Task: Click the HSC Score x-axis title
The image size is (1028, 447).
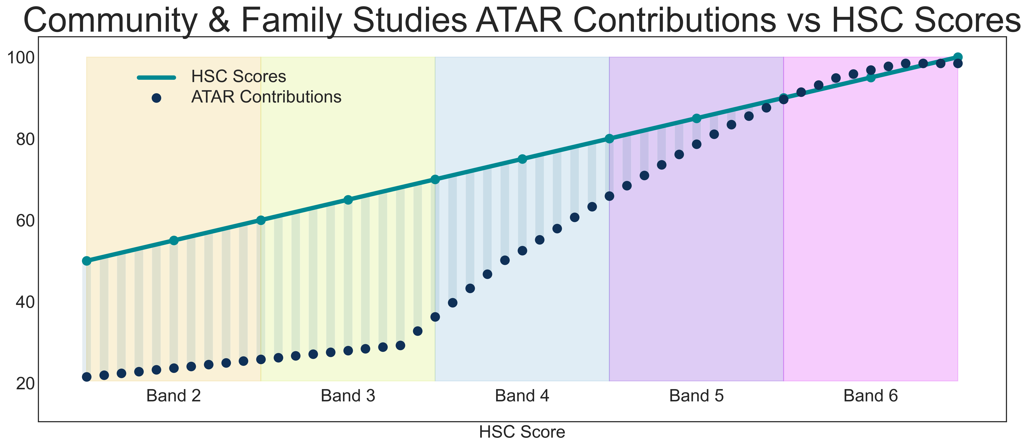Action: click(x=522, y=432)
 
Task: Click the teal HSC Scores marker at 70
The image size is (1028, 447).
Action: click(x=435, y=180)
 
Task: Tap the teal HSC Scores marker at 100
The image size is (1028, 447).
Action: click(x=958, y=57)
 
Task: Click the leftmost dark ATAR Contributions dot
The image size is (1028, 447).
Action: click(x=87, y=377)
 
